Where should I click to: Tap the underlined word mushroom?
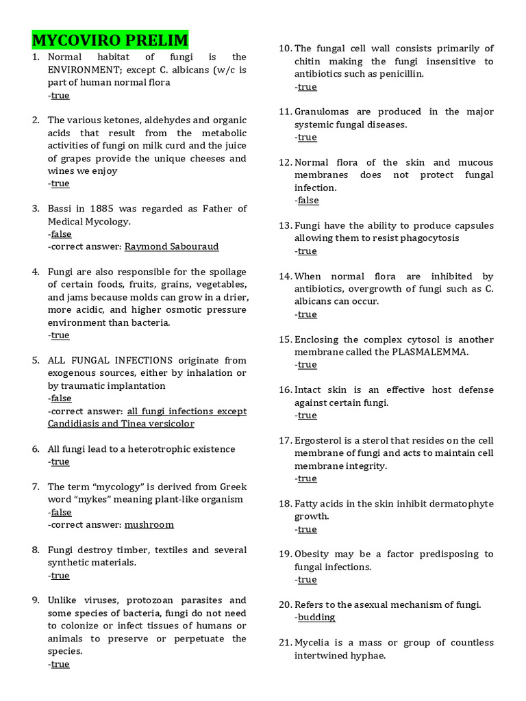tap(149, 524)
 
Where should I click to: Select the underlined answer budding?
tap(316, 617)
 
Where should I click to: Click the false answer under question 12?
tap(308, 201)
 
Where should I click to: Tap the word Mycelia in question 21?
tap(313, 643)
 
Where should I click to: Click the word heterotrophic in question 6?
tap(149, 449)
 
